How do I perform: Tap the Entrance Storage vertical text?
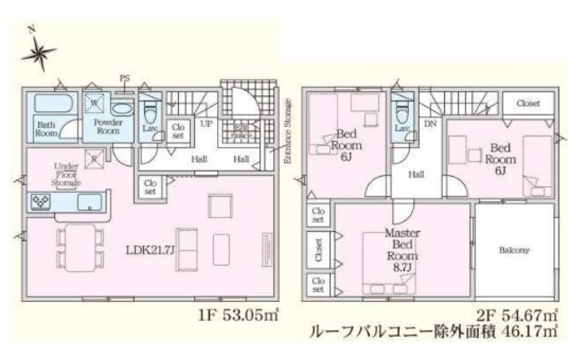pyautogui.click(x=288, y=132)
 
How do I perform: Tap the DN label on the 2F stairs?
pyautogui.click(x=430, y=122)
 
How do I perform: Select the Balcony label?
pyautogui.click(x=515, y=250)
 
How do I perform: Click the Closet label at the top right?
pyautogui.click(x=528, y=104)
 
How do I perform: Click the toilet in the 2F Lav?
pyautogui.click(x=401, y=108)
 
